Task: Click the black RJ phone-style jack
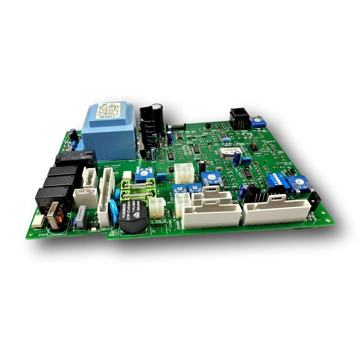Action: (237, 118)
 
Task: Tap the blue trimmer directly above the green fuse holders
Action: (145, 173)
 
